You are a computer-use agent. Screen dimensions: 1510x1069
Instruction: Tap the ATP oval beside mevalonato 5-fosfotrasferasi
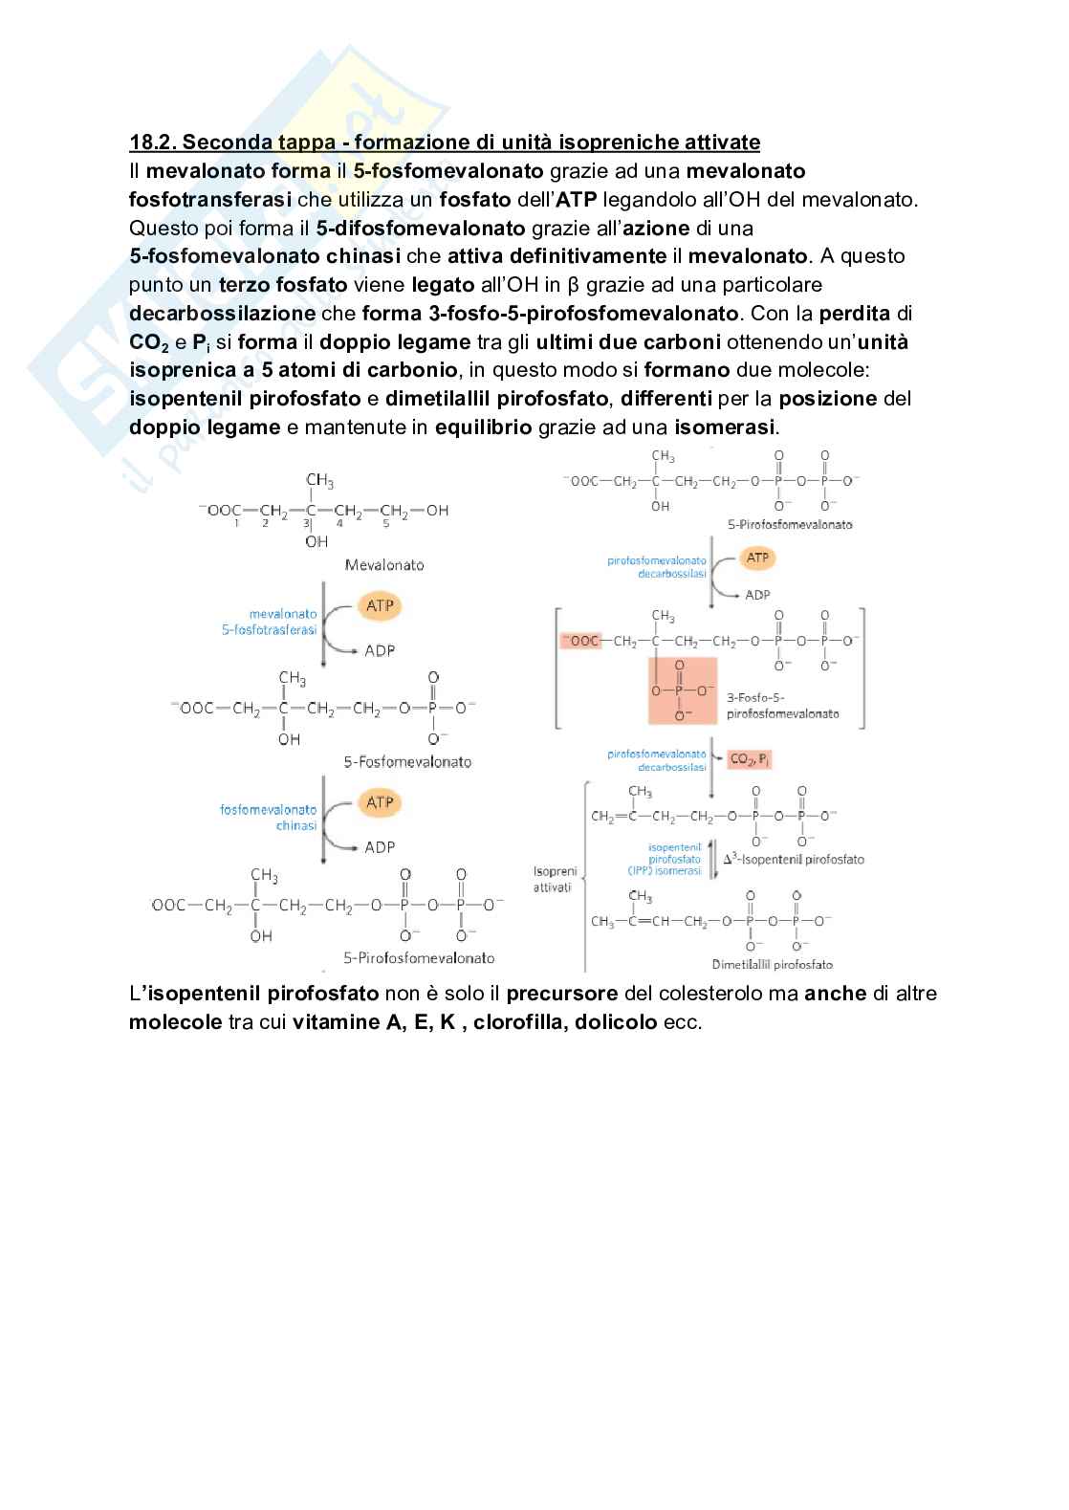tap(380, 605)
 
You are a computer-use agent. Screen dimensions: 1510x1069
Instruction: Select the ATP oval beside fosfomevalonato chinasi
tap(380, 802)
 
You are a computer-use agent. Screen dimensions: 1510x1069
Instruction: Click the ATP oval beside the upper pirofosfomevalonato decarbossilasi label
tap(757, 558)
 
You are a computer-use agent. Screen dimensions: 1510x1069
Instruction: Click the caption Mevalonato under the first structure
tap(384, 564)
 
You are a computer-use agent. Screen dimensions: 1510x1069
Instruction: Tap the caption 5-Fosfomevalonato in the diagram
tap(407, 761)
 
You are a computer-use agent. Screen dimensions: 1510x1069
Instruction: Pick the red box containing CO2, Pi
tap(751, 759)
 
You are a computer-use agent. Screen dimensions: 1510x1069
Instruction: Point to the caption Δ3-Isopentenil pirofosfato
tap(793, 859)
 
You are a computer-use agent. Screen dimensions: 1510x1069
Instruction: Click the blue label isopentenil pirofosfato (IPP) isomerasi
tap(674, 859)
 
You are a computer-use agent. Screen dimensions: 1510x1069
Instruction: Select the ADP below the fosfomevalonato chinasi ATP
tap(380, 847)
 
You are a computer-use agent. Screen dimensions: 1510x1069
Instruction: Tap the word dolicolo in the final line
tap(616, 1021)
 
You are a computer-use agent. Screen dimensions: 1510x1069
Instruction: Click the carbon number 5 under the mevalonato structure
tap(385, 523)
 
